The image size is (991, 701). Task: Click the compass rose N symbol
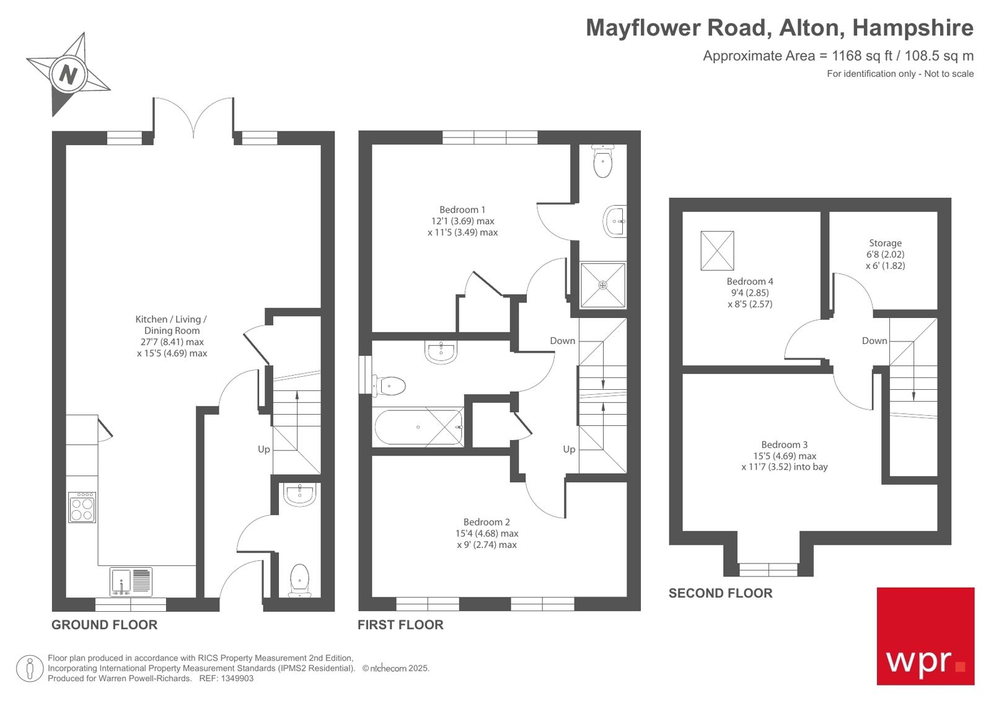pos(68,74)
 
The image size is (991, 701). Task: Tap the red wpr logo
pos(925,636)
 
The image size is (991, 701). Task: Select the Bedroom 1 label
pos(462,210)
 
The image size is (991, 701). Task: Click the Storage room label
pos(885,244)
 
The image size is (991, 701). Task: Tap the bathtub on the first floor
pos(418,427)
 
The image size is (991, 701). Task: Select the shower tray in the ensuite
pos(602,285)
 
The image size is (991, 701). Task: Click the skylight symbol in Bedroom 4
pos(717,250)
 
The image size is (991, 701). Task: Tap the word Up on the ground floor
pos(264,449)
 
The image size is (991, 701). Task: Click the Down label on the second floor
pos(874,341)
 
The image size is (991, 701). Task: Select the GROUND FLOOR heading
pos(104,625)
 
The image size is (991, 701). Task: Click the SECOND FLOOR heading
pos(720,593)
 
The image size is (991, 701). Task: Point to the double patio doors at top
pos(194,118)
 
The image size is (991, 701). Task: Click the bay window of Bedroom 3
pos(768,568)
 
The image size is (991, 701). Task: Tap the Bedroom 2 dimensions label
pos(487,534)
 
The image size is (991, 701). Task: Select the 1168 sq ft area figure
pos(861,56)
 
